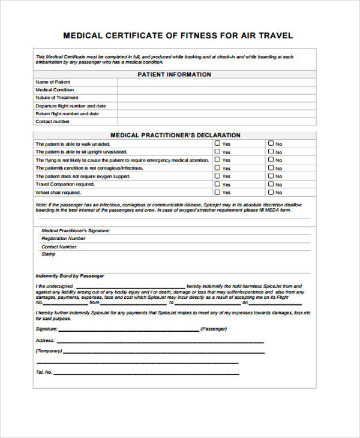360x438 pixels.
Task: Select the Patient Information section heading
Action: (x=175, y=75)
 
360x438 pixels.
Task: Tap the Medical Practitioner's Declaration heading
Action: (x=175, y=136)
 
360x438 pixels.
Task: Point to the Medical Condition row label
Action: (x=55, y=90)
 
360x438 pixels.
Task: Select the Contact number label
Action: (x=53, y=122)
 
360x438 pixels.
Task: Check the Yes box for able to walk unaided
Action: (x=217, y=143)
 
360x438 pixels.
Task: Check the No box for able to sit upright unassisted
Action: (x=271, y=152)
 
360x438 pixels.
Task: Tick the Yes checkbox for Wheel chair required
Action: (x=217, y=193)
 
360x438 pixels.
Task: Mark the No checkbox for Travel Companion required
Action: (x=271, y=184)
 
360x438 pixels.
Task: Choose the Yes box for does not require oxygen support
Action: (x=217, y=176)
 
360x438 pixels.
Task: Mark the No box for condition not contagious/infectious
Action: (x=271, y=168)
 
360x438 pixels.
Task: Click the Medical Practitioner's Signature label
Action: (x=76, y=230)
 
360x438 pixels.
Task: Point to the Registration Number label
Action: (x=64, y=238)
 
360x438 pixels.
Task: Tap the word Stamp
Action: (x=48, y=254)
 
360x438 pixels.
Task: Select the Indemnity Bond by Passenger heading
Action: (x=70, y=276)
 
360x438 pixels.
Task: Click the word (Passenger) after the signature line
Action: (x=214, y=329)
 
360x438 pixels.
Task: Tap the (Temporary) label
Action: (x=49, y=351)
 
